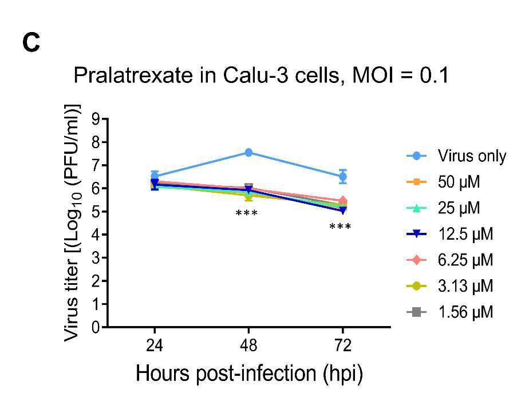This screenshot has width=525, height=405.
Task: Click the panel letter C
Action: [31, 43]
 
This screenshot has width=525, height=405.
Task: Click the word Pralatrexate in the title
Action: [133, 76]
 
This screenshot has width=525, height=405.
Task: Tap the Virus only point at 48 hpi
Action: [248, 153]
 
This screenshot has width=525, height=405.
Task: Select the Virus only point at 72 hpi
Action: [342, 177]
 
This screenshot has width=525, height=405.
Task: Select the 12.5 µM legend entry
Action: [450, 234]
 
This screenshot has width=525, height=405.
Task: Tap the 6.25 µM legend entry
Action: [450, 260]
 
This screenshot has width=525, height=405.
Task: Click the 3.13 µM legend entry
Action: [450, 286]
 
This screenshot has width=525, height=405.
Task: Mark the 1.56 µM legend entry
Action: [450, 312]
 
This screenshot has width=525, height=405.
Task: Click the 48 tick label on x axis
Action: [248, 345]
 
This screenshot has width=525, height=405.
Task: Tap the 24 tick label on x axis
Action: [155, 345]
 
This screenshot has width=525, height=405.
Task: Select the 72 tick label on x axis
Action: [342, 345]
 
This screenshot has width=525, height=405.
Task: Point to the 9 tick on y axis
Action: [96, 119]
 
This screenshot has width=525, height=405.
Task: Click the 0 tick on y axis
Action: [96, 327]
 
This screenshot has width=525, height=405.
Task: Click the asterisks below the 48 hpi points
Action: [247, 213]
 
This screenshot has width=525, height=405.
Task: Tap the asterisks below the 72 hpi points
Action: [340, 227]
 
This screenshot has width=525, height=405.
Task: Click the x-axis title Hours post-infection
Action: [226, 373]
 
